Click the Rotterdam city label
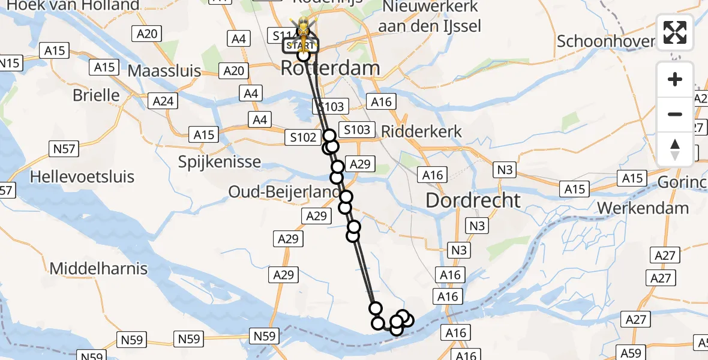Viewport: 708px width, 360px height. pos(330,68)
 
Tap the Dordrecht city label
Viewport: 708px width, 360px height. pos(473,200)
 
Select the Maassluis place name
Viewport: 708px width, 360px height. pos(164,71)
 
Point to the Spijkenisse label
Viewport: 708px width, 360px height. pos(220,161)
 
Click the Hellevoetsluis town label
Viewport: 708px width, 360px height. pos(82,177)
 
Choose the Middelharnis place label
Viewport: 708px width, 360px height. pos(98,268)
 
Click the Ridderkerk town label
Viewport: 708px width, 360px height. pos(422,131)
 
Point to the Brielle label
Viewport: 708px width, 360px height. pos(96,95)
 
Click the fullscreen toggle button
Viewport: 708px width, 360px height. pos(675,32)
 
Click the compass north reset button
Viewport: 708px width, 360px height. pos(675,149)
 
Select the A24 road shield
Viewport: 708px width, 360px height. pos(163,101)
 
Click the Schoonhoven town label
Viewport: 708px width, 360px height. pos(606,41)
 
